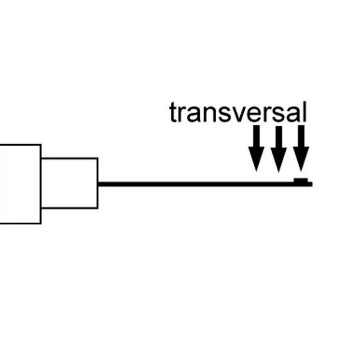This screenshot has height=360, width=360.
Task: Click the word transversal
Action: point(238,112)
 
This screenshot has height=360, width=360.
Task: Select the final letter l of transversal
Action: point(305,112)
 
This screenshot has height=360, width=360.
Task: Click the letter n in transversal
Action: point(210,114)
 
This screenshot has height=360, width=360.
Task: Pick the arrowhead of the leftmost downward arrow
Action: point(256,159)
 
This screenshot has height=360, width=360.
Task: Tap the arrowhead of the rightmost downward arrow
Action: point(301,159)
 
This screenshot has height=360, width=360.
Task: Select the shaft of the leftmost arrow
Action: point(256,136)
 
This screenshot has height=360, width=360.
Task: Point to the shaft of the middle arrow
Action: point(279,137)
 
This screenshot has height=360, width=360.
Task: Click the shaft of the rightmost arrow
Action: point(301,136)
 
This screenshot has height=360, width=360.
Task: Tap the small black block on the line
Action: point(301,180)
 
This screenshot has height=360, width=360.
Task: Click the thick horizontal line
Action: point(205,184)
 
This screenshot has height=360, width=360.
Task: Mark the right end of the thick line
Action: point(312,184)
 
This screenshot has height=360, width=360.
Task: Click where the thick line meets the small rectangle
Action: point(98,184)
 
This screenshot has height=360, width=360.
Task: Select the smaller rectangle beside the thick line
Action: point(69,183)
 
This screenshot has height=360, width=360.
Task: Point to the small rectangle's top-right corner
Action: point(98,158)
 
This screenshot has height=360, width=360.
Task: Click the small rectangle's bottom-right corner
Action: point(98,208)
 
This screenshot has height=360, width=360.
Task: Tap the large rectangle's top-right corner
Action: point(41,145)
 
